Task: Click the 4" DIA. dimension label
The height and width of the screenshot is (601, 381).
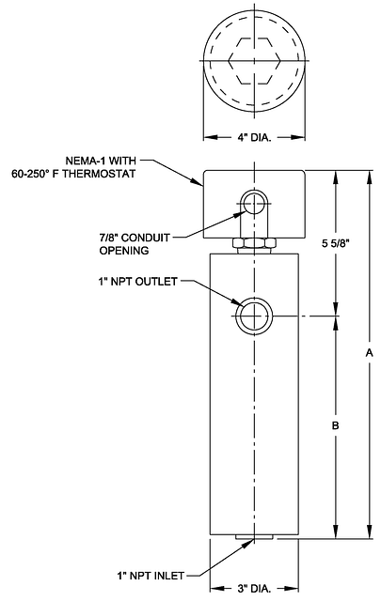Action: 254,137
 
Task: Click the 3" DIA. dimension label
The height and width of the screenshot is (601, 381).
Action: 254,589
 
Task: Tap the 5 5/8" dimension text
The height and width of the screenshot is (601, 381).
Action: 337,243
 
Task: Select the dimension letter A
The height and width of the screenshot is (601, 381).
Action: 369,353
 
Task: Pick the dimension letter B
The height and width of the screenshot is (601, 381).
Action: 335,425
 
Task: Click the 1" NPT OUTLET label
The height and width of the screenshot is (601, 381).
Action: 137,282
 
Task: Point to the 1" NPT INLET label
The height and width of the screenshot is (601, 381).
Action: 151,576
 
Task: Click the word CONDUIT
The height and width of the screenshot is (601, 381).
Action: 145,238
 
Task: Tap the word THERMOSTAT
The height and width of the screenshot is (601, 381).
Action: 99,174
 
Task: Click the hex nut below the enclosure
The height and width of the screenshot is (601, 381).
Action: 254,242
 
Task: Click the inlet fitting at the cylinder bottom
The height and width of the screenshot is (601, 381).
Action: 254,537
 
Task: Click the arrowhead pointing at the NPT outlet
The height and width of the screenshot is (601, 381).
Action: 234,301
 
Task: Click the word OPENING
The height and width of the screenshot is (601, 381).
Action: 124,251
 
